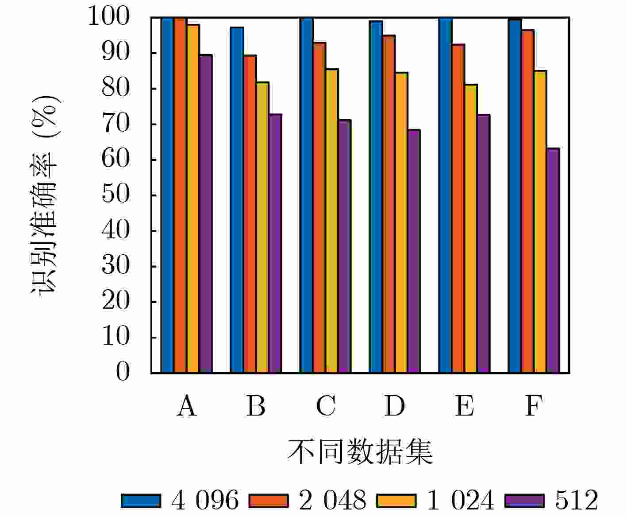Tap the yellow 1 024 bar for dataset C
coord(332,221)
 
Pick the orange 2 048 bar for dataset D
coord(389,204)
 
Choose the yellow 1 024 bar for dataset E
coord(471,229)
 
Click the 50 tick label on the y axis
coord(116,195)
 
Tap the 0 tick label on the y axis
coord(123,373)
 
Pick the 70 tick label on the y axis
coord(116,124)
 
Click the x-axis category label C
coord(326,406)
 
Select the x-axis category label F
coord(534,406)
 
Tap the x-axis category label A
coord(187,406)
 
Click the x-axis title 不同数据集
coord(360,452)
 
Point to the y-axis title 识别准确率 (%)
coord(44,195)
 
